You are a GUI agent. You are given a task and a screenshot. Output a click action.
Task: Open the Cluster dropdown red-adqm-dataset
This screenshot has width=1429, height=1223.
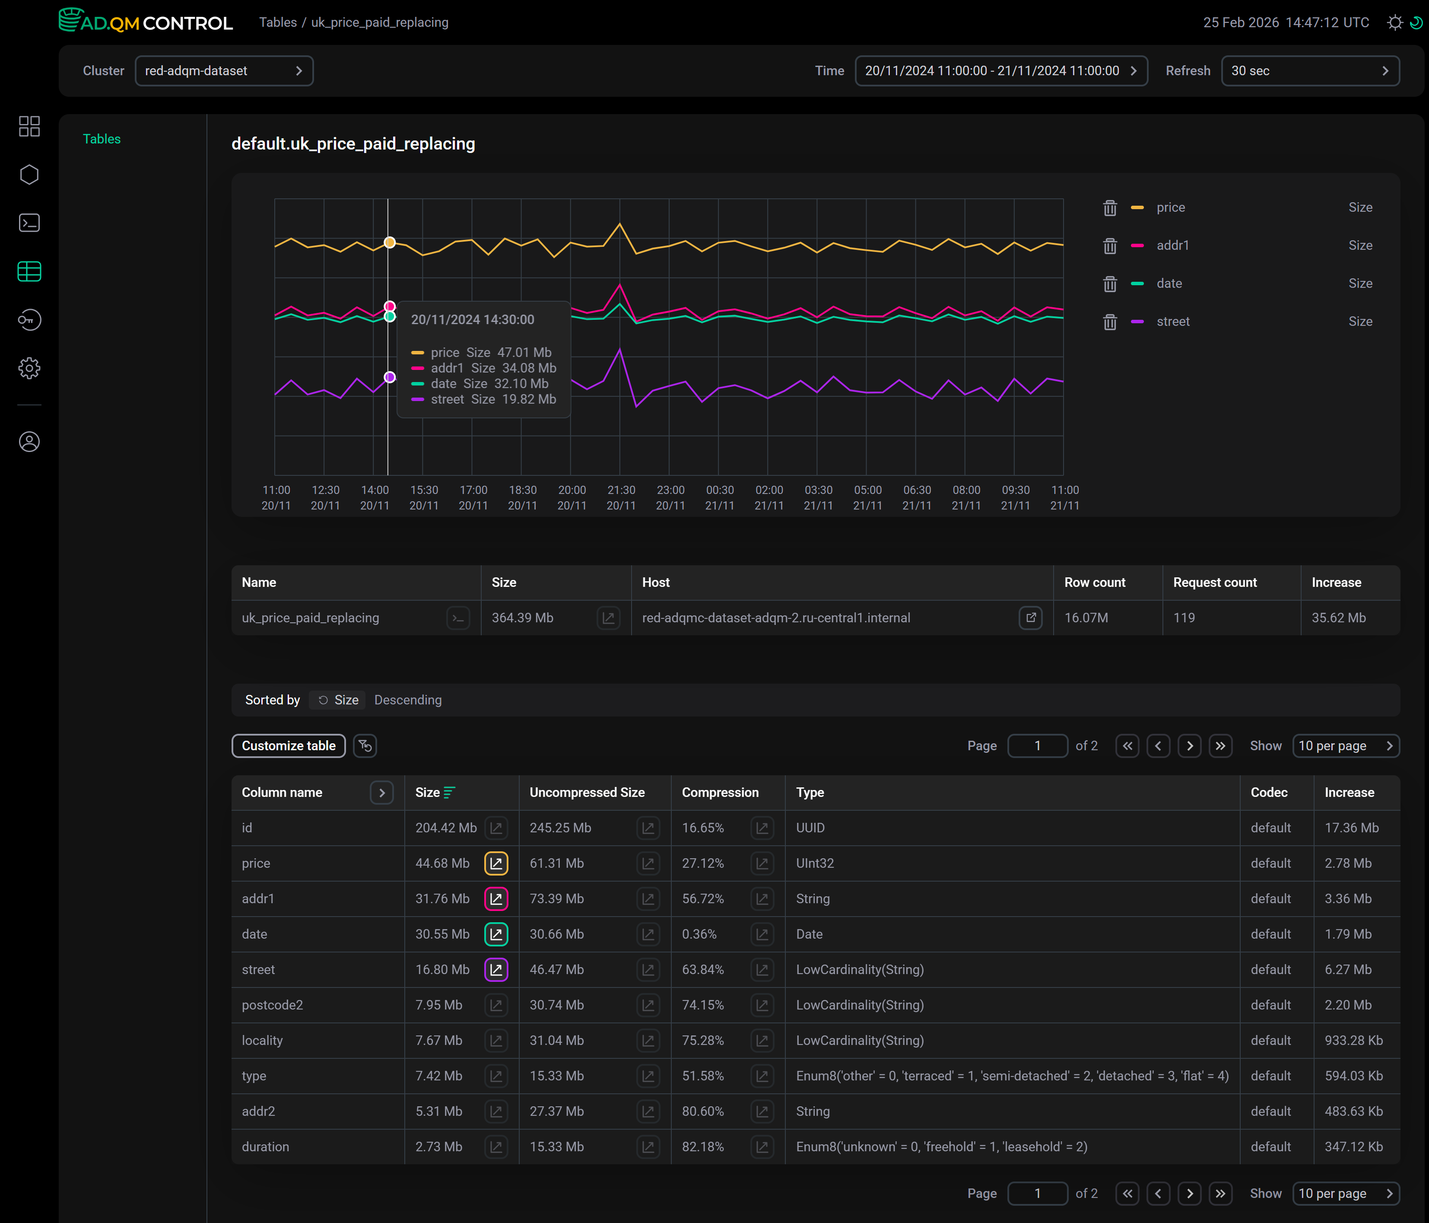(x=224, y=71)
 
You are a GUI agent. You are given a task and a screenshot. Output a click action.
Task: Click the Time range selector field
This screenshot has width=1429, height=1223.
(x=1001, y=71)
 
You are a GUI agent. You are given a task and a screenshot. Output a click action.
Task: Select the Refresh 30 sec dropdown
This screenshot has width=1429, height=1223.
(x=1310, y=71)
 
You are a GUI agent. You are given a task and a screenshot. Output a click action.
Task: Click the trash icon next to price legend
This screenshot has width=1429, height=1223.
(x=1110, y=207)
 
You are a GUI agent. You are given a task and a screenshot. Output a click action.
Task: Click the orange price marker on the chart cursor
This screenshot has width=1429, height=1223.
(x=390, y=242)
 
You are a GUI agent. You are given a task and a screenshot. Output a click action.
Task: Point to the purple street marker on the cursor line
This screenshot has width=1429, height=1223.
(x=390, y=377)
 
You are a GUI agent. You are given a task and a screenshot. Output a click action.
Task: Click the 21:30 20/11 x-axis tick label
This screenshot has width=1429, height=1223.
(x=621, y=497)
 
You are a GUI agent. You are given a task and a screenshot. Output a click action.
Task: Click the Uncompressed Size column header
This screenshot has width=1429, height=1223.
(x=587, y=793)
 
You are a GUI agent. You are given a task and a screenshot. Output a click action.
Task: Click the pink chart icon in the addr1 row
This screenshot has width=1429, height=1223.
(x=496, y=899)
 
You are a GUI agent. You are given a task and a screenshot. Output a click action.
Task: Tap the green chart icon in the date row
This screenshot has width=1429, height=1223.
(x=496, y=934)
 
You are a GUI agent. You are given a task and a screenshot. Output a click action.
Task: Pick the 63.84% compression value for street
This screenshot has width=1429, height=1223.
(x=703, y=970)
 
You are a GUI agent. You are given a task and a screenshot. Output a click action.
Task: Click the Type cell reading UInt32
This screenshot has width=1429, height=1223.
(x=814, y=863)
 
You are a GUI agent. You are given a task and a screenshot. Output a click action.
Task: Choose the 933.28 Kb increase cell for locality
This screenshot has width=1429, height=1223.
(x=1353, y=1040)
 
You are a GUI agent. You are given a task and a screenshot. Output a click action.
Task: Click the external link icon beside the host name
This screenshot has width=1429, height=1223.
(x=1030, y=618)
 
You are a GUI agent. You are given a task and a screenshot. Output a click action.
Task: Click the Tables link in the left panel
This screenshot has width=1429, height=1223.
(x=102, y=139)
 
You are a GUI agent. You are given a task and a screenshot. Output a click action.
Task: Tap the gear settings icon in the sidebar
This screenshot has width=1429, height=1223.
(x=29, y=368)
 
